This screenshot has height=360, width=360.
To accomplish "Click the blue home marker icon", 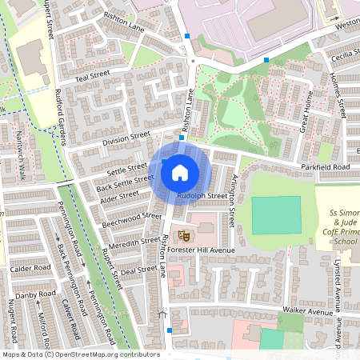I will [180, 172].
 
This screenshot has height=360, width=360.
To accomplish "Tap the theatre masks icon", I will [182, 235].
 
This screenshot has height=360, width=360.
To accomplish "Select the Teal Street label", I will [91, 75].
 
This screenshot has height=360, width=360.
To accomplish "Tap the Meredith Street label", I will [133, 242].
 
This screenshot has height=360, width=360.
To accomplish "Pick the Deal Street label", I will [139, 270].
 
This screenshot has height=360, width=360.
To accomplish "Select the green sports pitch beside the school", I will [277, 214].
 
